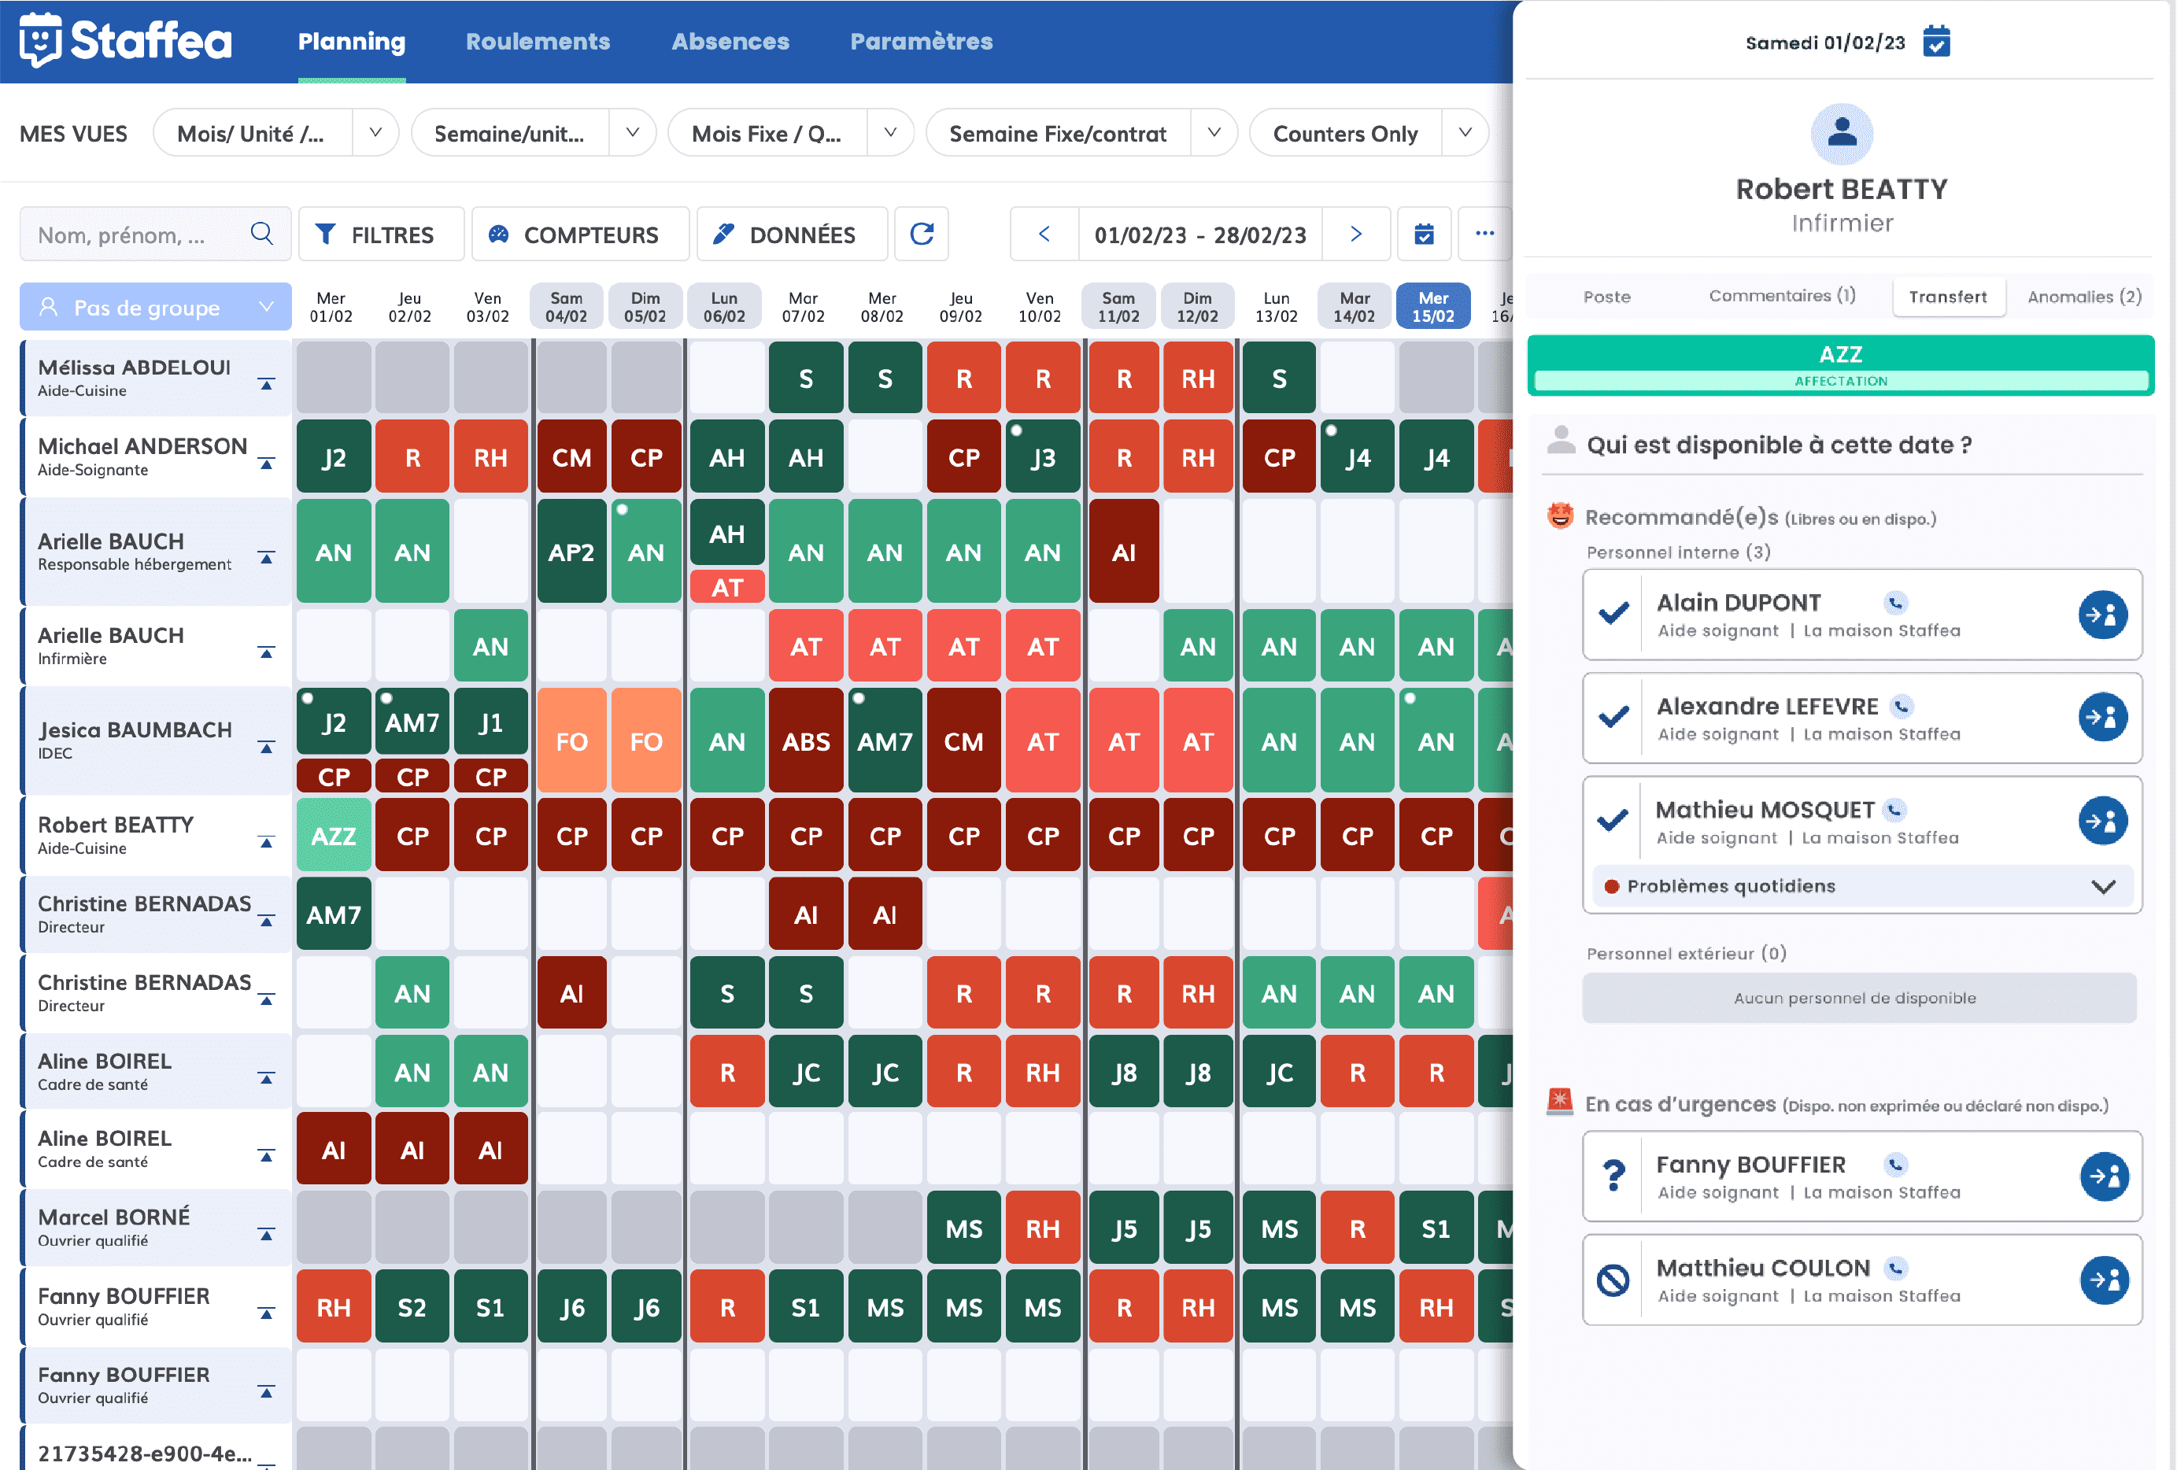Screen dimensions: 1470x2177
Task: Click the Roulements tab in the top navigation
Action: tap(538, 41)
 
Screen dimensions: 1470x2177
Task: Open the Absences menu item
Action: tap(730, 41)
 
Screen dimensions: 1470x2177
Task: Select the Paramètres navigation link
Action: tap(921, 41)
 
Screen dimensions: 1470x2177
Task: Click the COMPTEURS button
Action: tap(579, 235)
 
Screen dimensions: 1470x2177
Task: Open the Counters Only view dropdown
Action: tap(1464, 133)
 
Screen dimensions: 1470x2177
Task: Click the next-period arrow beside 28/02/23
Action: tap(1355, 235)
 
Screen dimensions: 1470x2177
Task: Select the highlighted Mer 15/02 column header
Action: tap(1432, 306)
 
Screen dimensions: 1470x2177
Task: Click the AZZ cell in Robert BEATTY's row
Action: tap(334, 836)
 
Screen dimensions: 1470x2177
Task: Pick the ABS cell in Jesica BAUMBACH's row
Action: tap(806, 741)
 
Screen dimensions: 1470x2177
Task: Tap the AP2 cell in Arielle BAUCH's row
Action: tap(571, 552)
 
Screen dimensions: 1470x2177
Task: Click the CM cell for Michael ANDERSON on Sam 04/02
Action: tap(571, 457)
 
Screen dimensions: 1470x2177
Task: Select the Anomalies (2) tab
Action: tap(2083, 297)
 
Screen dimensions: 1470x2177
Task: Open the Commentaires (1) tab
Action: tap(1782, 296)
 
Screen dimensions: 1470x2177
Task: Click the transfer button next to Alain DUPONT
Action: tap(2102, 615)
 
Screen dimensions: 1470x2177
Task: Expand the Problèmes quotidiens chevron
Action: tap(2103, 886)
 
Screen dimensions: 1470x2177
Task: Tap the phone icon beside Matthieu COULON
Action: tap(1895, 1269)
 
